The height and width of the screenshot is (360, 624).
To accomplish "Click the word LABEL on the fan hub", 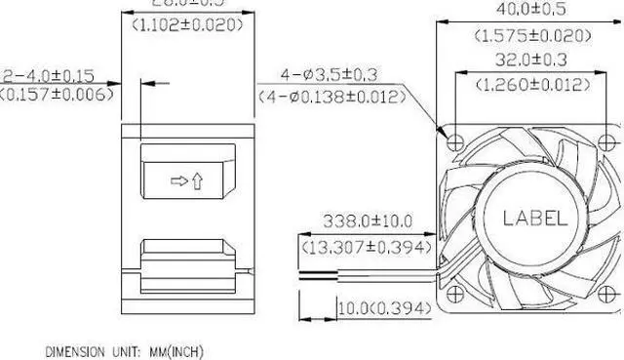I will pyautogui.click(x=533, y=218).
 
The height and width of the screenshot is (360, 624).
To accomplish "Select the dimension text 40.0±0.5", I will pyautogui.click(x=532, y=10).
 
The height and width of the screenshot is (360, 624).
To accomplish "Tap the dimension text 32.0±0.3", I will pyautogui.click(x=532, y=60).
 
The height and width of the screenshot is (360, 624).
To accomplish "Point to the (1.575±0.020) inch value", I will pyautogui.click(x=532, y=35).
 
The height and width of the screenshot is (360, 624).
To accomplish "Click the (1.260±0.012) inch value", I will pyautogui.click(x=532, y=85).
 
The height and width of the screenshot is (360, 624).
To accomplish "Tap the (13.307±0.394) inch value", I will pyautogui.click(x=368, y=247).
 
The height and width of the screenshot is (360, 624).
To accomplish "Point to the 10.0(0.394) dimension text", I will pyautogui.click(x=383, y=308).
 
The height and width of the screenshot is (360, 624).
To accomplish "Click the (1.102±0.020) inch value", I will pyautogui.click(x=186, y=26).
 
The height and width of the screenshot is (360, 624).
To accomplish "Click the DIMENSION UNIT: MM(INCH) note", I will pyautogui.click(x=124, y=349).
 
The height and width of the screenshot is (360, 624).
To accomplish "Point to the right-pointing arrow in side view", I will pyautogui.click(x=178, y=181).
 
